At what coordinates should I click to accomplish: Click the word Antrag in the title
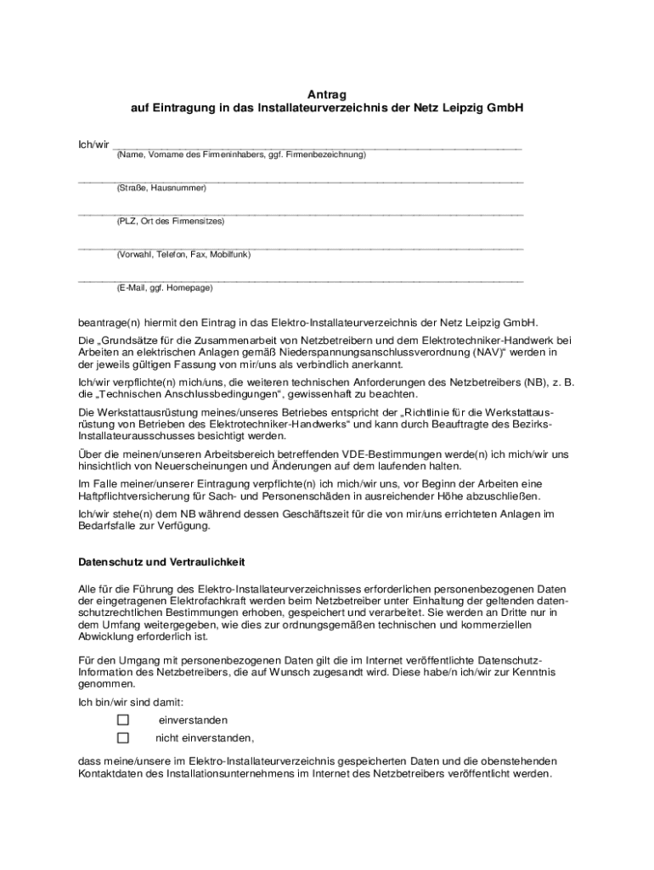[327, 93]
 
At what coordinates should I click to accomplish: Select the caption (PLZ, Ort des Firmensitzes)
[171, 221]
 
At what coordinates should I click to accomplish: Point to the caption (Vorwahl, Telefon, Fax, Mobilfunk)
[183, 254]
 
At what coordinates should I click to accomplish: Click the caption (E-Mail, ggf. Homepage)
[165, 288]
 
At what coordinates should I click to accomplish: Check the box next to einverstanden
[123, 720]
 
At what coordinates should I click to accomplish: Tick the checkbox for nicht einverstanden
[123, 737]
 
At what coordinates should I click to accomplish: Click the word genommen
[106, 684]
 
